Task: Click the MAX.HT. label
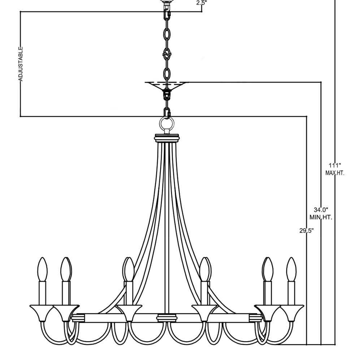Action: (x=335, y=173)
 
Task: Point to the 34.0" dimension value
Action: (x=321, y=210)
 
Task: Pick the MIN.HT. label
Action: (x=321, y=217)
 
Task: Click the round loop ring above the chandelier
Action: (x=167, y=125)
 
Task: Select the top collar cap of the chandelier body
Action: (x=167, y=138)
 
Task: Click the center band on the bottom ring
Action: (x=167, y=317)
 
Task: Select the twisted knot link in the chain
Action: (x=167, y=55)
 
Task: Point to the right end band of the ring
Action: (x=256, y=317)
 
